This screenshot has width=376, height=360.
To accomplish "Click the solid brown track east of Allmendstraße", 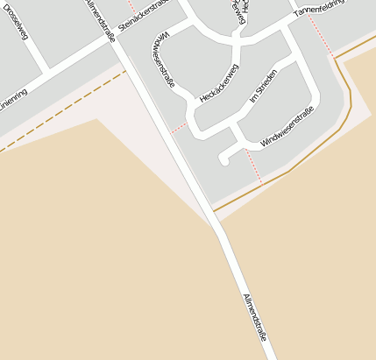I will pyautogui.click(x=289, y=169).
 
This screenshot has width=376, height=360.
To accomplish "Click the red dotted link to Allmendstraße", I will pyautogui.click(x=179, y=128).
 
